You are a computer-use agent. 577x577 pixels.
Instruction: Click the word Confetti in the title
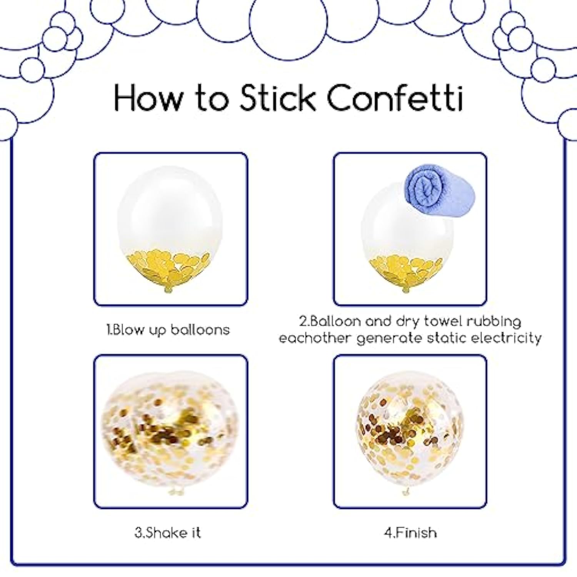coord(395,98)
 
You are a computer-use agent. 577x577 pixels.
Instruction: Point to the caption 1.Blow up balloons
coord(168,330)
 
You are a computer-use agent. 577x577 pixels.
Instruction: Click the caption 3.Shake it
coord(168,532)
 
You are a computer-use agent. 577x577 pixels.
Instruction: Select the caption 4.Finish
coord(410,532)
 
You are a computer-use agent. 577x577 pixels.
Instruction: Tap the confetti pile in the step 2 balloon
coord(406,270)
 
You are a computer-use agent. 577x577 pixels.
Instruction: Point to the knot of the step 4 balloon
coord(406,491)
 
